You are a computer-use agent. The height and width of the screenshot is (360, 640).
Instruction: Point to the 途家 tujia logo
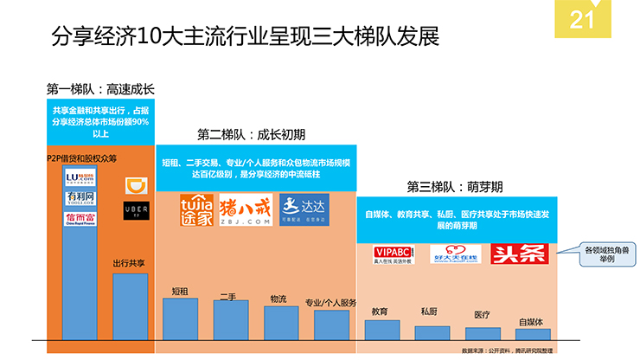point(195,210)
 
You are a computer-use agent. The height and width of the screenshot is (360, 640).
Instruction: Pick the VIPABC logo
point(386,254)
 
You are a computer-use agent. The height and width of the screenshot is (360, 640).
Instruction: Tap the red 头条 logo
point(509,254)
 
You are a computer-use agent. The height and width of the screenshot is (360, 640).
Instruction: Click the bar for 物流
point(280,321)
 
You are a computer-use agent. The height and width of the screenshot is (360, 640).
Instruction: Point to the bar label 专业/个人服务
point(331,303)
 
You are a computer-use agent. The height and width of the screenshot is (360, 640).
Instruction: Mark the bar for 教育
point(381,329)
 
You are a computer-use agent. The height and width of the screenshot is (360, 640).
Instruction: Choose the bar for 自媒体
point(531,333)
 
